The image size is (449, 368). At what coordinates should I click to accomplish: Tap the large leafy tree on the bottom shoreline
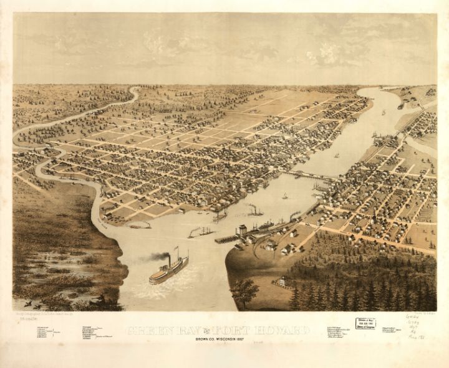pos(244,291)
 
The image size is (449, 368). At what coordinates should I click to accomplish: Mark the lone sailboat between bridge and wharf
pos(284,196)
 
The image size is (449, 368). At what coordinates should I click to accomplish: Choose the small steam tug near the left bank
pos(140,225)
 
